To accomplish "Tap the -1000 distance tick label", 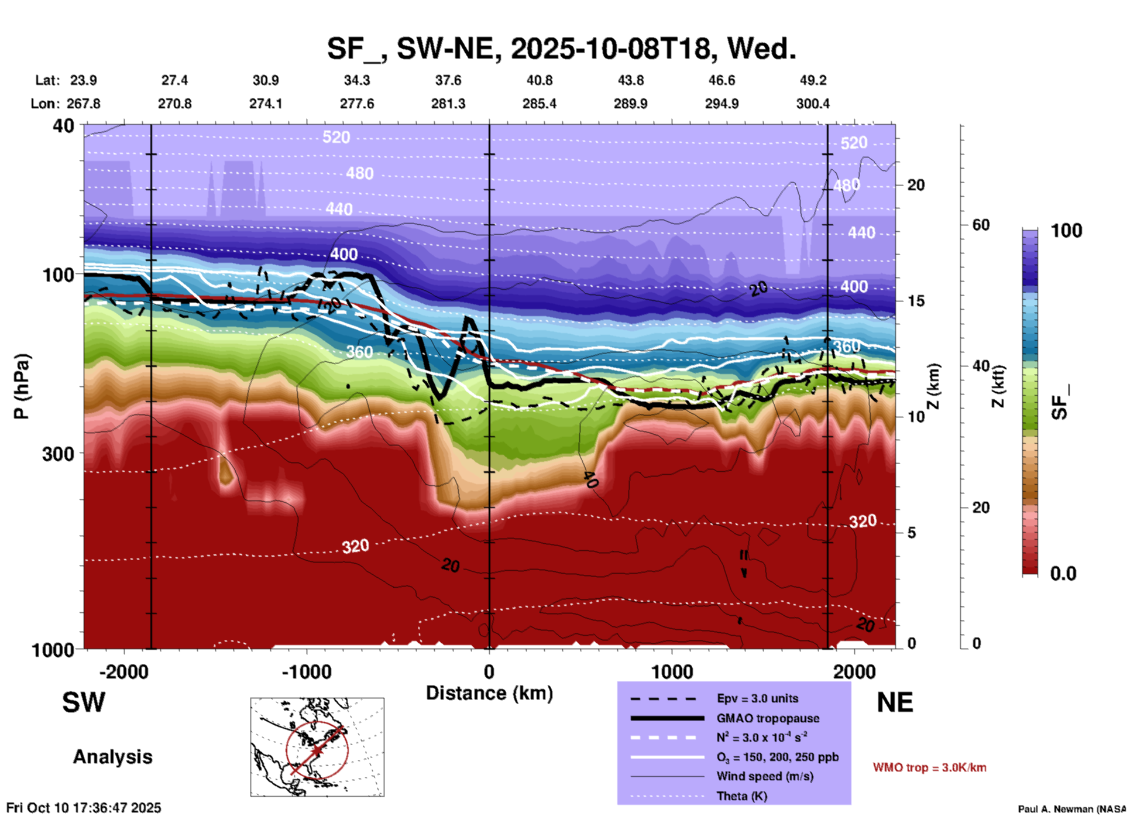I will [x=307, y=672].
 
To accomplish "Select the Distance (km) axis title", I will [x=489, y=693].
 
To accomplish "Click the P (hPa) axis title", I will [x=22, y=386].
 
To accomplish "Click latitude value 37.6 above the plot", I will [x=448, y=80].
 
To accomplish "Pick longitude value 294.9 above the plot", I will [x=721, y=104].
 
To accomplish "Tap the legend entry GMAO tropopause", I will [x=768, y=718].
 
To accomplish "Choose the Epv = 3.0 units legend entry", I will [x=757, y=698].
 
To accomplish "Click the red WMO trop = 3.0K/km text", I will [x=929, y=767].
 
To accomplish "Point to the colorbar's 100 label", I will [x=1066, y=231].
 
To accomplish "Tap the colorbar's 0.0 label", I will [x=1063, y=574].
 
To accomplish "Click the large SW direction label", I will [x=84, y=702].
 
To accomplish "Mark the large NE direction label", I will [x=895, y=702].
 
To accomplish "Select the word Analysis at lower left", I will [x=112, y=757].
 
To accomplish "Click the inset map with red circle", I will [x=317, y=747].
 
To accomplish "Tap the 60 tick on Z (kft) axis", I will [x=981, y=225].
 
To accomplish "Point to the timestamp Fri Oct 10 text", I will [x=84, y=808].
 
